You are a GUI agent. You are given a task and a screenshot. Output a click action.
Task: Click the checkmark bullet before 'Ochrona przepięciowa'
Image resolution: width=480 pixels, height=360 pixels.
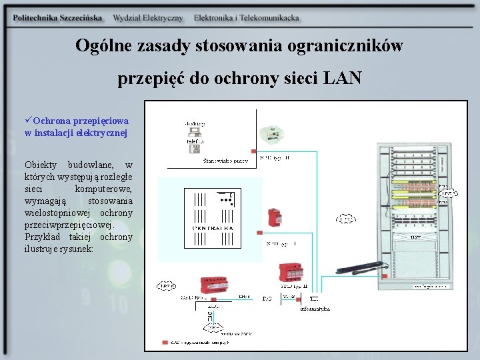(28, 121)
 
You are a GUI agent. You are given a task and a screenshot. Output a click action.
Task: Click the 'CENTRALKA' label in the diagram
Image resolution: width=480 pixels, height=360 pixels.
(213, 229)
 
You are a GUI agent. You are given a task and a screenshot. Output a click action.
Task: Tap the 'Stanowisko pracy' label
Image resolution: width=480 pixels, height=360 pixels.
(225, 161)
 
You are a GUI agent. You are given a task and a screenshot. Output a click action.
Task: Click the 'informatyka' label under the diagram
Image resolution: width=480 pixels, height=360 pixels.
(315, 309)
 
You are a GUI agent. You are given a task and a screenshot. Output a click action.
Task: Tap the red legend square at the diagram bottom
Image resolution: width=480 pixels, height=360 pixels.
(165, 343)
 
